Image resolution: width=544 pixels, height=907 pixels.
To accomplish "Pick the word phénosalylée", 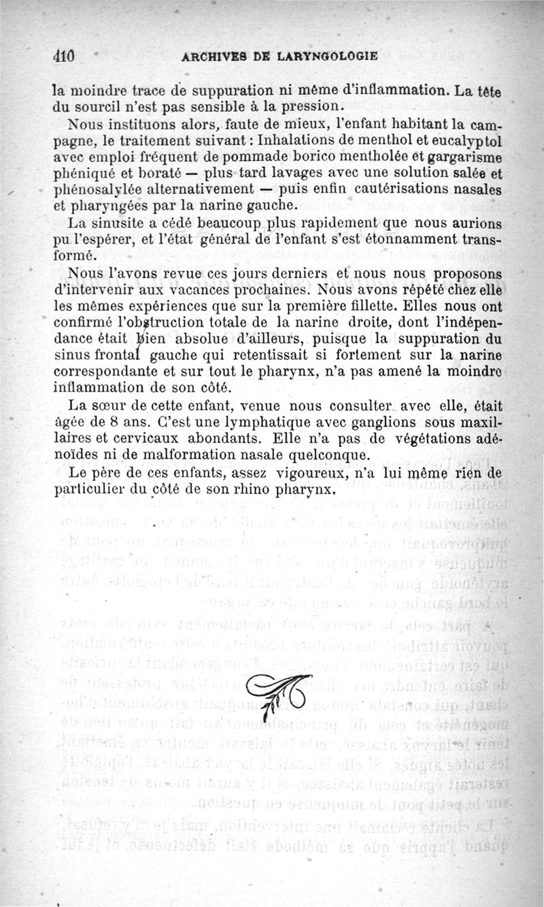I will pyautogui.click(x=99, y=189).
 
